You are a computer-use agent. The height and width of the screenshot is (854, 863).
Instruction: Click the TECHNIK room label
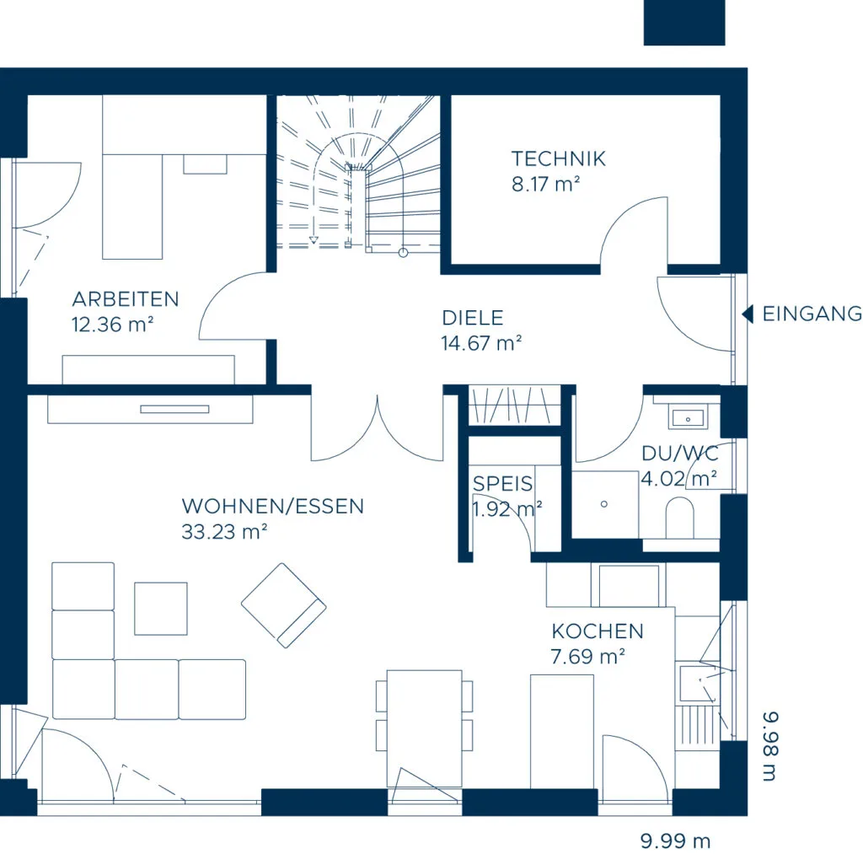(559, 159)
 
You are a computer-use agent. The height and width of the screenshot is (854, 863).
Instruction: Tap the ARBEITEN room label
(126, 299)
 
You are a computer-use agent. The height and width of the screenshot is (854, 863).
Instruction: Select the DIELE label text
(473, 319)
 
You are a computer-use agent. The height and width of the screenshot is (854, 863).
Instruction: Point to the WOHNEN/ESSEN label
(273, 507)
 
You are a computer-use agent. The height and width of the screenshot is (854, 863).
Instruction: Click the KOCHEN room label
(598, 631)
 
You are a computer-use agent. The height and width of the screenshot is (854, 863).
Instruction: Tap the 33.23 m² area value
(224, 532)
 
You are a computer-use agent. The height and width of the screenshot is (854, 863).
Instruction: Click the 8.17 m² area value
(546, 185)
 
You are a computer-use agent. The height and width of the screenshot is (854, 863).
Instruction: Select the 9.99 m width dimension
(675, 841)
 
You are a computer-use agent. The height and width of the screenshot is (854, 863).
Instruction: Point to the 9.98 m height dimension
(770, 747)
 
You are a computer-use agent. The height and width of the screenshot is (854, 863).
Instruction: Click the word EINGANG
(812, 314)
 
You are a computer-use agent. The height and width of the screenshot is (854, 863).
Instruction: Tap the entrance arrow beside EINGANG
(748, 314)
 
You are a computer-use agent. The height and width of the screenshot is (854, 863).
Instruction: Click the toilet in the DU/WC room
(680, 518)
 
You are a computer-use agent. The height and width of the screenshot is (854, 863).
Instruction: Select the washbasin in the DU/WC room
(688, 418)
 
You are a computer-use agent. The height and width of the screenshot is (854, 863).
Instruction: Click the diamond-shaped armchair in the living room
(283, 605)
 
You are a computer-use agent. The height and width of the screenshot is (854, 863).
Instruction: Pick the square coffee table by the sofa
(161, 609)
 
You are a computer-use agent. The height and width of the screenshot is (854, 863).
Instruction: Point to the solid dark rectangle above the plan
(684, 23)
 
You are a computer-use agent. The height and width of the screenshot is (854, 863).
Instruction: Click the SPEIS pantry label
(502, 483)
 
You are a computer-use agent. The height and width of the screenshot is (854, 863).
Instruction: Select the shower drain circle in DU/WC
(603, 504)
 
